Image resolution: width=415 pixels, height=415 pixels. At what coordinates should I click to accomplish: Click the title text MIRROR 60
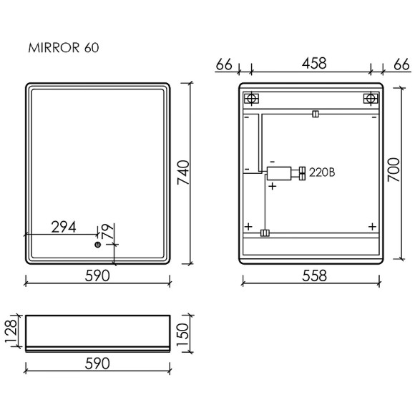click(64, 48)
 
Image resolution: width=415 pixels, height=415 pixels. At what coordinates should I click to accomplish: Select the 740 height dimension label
click(183, 172)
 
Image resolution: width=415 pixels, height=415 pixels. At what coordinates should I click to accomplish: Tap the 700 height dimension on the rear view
click(394, 170)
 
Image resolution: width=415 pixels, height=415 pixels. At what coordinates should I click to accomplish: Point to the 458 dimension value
click(314, 64)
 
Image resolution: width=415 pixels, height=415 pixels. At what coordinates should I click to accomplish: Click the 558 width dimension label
click(314, 275)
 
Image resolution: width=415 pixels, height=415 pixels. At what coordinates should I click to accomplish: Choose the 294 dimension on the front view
click(64, 227)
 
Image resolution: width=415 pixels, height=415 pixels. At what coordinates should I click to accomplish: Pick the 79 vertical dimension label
click(108, 231)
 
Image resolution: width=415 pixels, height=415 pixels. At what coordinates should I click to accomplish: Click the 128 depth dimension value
click(11, 331)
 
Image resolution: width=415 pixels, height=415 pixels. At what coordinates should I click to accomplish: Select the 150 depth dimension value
click(182, 335)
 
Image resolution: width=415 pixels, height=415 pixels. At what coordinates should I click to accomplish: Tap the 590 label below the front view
click(97, 275)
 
